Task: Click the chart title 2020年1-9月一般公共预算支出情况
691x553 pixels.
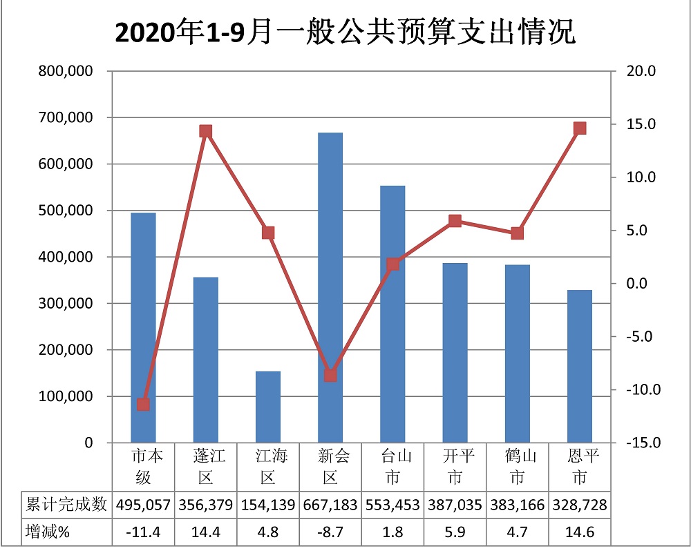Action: coord(345,32)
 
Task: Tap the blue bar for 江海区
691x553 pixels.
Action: coord(268,407)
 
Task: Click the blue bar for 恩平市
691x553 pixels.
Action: coord(580,366)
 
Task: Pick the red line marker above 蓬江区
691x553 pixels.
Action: coord(205,131)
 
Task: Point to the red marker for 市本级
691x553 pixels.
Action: coord(143,405)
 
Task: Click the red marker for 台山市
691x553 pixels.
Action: coord(392,264)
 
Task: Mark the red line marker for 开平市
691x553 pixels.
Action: coord(455,221)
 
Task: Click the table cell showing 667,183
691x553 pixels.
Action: coord(330,505)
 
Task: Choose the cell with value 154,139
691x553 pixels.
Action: coord(268,505)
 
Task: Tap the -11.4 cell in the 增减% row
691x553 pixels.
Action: coord(143,533)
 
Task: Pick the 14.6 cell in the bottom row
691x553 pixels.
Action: coord(580,533)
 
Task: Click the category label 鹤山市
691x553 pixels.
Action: coord(517,467)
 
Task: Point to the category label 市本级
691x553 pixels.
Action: coord(143,467)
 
